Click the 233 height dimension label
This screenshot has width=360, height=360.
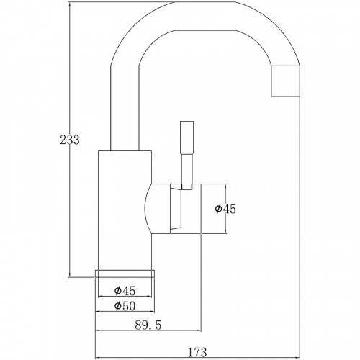click(x=69, y=140)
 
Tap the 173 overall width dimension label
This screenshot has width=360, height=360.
click(x=197, y=352)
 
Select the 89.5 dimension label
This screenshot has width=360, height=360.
click(x=148, y=325)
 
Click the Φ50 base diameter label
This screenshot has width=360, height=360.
click(x=125, y=306)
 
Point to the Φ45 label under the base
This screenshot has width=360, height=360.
click(x=125, y=291)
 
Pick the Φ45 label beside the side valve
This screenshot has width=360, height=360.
click(x=225, y=209)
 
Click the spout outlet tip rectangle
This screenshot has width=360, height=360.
click(x=286, y=81)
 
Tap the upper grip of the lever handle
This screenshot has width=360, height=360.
click(x=186, y=138)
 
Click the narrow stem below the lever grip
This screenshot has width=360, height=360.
click(x=186, y=171)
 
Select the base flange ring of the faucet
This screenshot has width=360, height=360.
click(x=125, y=274)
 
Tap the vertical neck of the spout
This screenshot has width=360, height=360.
click(x=125, y=108)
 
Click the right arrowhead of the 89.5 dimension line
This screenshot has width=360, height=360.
click(x=199, y=330)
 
